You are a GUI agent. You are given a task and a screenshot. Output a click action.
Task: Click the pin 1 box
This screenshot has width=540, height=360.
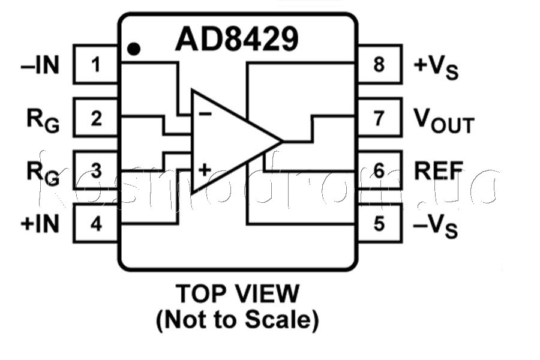(97, 64)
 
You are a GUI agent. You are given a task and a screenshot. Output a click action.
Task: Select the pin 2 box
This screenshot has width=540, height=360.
(97, 118)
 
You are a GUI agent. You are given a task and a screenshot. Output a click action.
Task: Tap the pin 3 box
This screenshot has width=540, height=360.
(97, 171)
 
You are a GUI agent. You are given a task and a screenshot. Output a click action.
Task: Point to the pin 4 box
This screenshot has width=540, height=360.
(97, 224)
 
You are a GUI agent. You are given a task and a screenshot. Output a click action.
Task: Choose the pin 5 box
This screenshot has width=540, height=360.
(379, 224)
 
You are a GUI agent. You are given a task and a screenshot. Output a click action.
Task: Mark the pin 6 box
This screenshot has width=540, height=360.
(379, 171)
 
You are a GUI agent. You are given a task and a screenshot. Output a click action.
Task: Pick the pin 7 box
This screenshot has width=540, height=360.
(379, 118)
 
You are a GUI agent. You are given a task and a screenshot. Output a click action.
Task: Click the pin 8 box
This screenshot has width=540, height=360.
(379, 64)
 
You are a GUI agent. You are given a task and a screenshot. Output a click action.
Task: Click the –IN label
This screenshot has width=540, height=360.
(40, 65)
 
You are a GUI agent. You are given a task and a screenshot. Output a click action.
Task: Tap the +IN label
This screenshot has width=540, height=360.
(40, 224)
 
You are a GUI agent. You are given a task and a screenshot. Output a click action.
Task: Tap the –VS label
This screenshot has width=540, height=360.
(436, 226)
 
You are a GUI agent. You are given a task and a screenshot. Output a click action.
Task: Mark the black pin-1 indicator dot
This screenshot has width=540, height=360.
(134, 49)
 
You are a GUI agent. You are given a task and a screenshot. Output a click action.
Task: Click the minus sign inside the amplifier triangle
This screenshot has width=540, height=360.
(204, 114)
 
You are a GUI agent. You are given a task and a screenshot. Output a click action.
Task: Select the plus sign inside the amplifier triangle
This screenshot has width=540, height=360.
(204, 169)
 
